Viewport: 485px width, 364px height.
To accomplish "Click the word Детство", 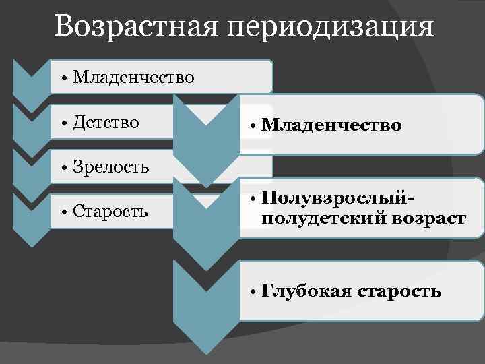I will [106, 122].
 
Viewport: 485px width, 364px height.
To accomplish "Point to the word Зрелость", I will [111, 166].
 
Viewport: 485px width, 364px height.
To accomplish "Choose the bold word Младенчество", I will [331, 125].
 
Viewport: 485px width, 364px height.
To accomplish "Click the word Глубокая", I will [307, 291].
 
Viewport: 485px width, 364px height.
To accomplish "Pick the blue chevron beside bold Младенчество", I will [206, 138].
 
